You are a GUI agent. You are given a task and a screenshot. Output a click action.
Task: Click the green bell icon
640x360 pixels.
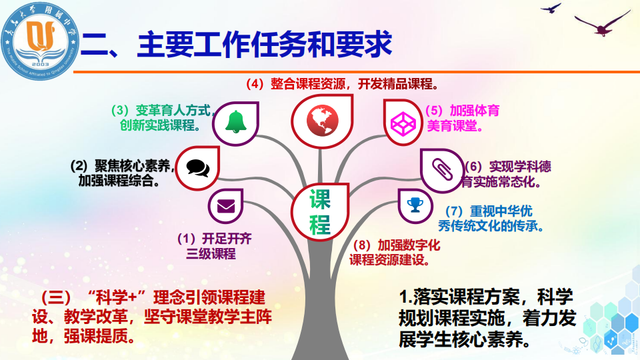pos(236,121)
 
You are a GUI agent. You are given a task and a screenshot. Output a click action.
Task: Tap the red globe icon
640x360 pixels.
pos(322,121)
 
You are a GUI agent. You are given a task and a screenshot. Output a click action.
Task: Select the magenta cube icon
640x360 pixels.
pos(403,123)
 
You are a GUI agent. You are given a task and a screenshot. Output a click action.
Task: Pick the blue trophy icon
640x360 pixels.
pos(415,205)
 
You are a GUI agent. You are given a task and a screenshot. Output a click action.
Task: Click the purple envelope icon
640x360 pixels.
pos(226,206)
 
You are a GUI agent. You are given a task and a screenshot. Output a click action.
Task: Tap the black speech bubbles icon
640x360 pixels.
pos(198,167)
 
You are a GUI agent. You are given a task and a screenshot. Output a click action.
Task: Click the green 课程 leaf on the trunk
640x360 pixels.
pos(320,211)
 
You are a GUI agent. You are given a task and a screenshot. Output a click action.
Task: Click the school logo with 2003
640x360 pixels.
pos(40,41)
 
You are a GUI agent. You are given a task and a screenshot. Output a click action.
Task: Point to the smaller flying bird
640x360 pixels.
pos(551,8)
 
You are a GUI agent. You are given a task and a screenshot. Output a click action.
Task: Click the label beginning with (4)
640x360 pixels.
pos(343,84)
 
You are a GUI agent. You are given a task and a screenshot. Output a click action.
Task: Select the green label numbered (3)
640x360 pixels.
pos(163,117)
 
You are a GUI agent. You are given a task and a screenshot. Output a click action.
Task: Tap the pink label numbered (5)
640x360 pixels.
pos(463,118)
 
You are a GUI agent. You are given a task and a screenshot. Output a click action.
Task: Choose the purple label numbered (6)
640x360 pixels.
pos(506,174)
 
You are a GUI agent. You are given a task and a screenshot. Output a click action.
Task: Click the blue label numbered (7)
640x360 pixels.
pos(491,219)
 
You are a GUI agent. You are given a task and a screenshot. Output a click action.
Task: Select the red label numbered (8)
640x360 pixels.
pos(395,252)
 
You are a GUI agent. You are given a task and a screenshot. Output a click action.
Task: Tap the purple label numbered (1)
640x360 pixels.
pos(215,246)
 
